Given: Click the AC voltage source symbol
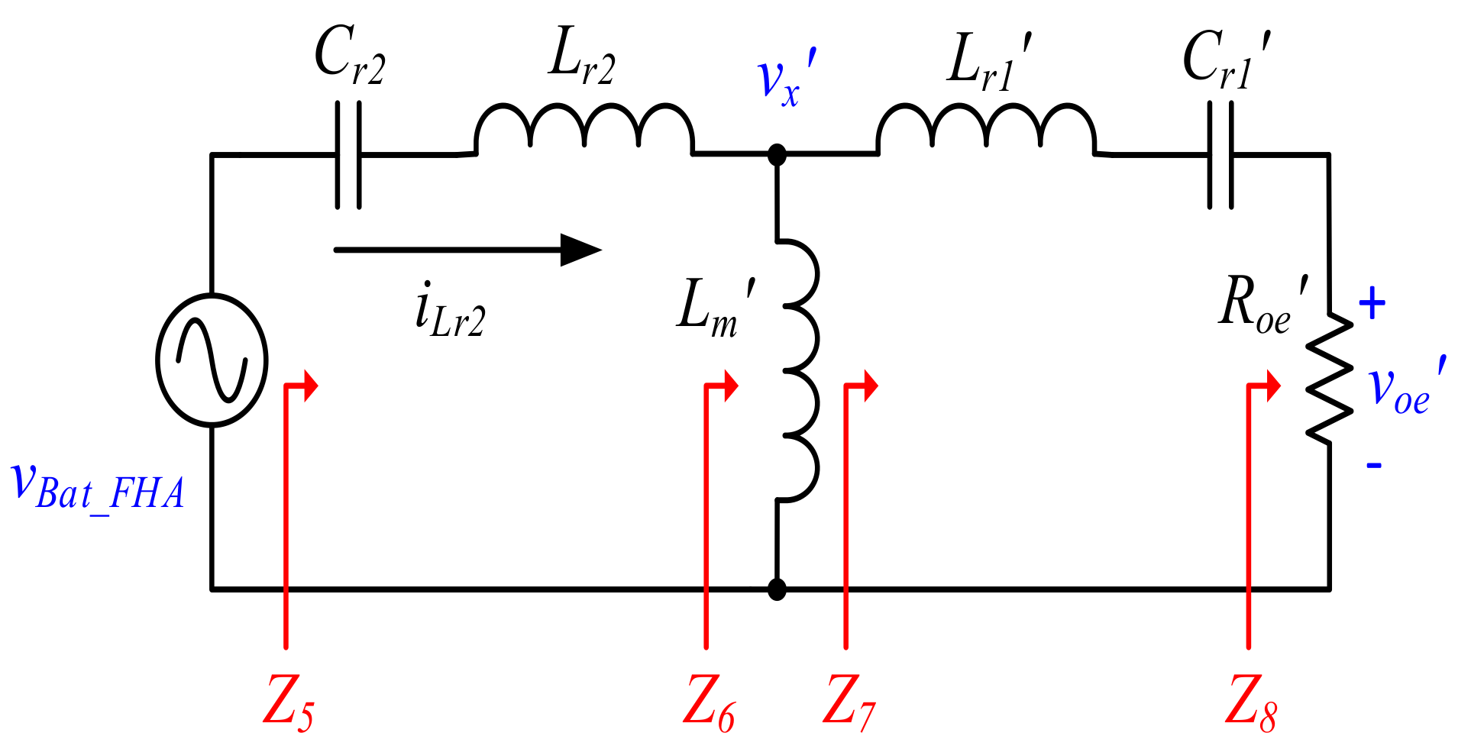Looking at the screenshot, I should [x=212, y=360].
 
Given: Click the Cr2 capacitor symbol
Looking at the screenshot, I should [x=348, y=155].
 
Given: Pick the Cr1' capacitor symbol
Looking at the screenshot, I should [x=1220, y=155].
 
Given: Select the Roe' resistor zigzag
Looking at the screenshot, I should [x=1330, y=378].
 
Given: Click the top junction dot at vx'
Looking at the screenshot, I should [x=777, y=155].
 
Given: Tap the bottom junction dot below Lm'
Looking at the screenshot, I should [x=777, y=589].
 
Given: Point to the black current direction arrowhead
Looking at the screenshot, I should [x=580, y=250].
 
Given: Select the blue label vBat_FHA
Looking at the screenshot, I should [x=98, y=487].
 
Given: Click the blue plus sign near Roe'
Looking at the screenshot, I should [x=1372, y=304].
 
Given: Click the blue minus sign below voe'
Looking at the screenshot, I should [x=1373, y=464].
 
